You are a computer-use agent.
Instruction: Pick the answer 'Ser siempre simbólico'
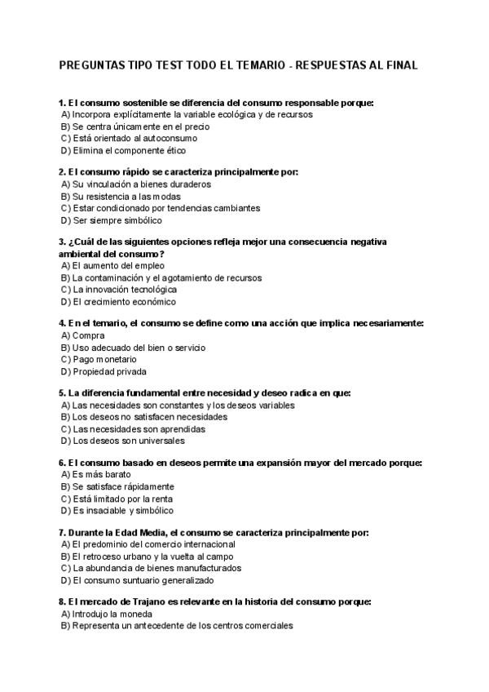point(112,220)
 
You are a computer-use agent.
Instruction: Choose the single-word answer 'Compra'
point(88,335)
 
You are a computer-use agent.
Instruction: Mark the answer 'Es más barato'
point(98,475)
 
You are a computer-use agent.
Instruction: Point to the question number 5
point(62,393)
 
